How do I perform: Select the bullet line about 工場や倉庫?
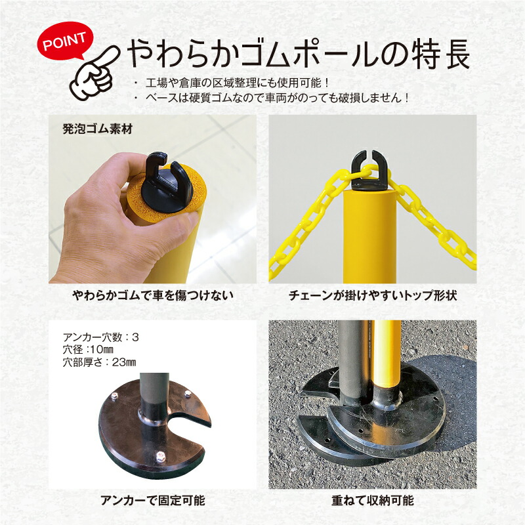point(239,84)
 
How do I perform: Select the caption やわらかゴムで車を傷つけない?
point(152,297)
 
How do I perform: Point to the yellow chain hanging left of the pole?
point(308,217)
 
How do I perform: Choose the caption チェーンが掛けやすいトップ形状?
point(372,297)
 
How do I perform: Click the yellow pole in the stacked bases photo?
point(388,354)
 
